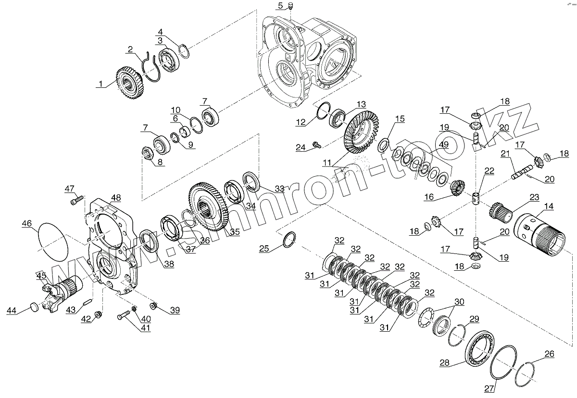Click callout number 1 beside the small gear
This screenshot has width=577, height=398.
pyautogui.click(x=100, y=84)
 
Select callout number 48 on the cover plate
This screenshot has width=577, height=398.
pyautogui.click(x=115, y=197)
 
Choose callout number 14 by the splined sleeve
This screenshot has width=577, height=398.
pyautogui.click(x=548, y=206)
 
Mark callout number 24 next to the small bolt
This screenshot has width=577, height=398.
pyautogui.click(x=300, y=147)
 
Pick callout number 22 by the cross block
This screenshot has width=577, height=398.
pyautogui.click(x=489, y=170)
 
